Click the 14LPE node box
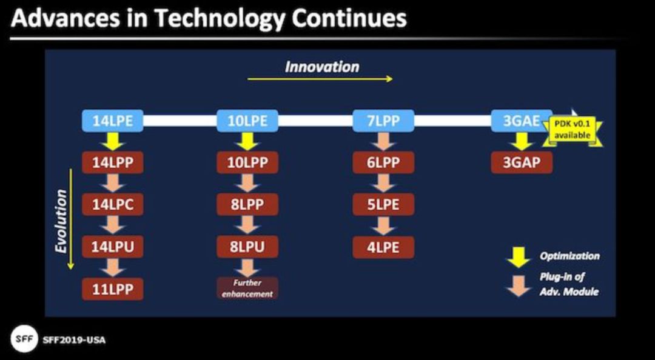113,121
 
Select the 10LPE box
247,121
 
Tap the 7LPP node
383,121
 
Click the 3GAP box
522,162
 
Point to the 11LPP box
113,289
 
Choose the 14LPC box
113,205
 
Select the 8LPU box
247,247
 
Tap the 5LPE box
383,205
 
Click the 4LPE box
383,247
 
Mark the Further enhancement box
247,288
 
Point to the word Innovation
321,67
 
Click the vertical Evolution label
61,221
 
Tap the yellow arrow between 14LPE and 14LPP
113,141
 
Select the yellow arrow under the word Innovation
320,79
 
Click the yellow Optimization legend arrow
518,257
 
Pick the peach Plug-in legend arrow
518,286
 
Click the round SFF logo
24,339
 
